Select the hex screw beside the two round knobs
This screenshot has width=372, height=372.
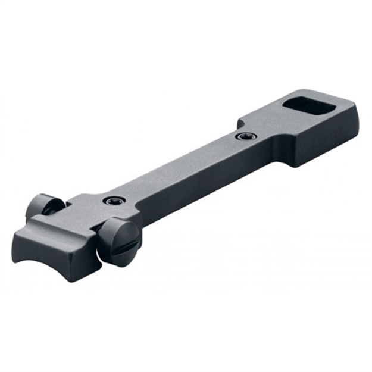(111, 201)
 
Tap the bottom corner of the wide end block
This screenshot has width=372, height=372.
(293, 165)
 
